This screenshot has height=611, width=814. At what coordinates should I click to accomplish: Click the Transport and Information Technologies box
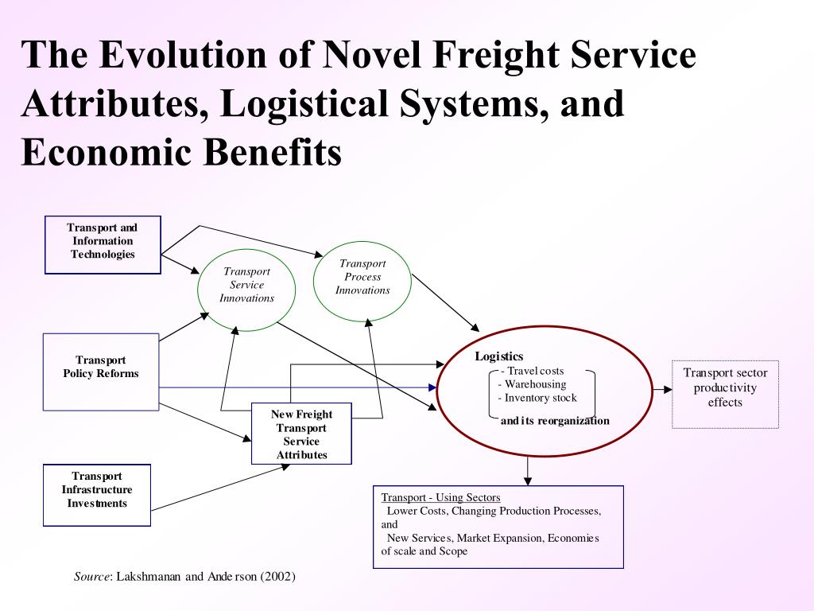(103, 244)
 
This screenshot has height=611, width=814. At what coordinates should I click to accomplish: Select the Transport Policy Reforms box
(101, 372)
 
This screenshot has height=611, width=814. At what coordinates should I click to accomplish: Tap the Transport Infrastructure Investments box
(96, 494)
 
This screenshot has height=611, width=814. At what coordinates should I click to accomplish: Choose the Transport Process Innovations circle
(362, 278)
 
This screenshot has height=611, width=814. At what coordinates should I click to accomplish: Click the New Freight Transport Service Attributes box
(301, 434)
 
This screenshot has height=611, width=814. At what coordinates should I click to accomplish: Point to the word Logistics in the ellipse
(499, 356)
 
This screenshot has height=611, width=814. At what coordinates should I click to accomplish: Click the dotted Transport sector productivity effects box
(725, 394)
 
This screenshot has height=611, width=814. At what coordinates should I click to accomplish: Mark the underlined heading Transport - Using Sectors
(440, 497)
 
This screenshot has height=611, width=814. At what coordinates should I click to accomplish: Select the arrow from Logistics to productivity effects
(662, 390)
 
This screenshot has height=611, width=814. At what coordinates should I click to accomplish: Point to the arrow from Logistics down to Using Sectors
(527, 470)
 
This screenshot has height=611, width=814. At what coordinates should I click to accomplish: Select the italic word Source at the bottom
(91, 576)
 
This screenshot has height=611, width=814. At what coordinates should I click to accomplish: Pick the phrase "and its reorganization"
(555, 420)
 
